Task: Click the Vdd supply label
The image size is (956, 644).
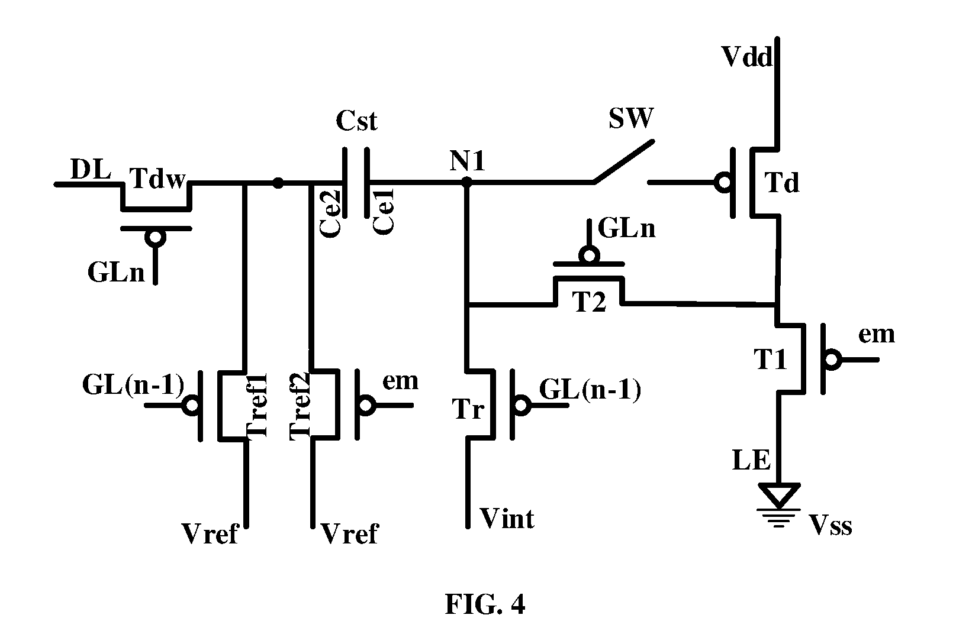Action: pos(746,57)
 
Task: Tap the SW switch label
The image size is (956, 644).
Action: pos(630,118)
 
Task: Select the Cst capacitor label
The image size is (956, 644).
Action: pos(356,121)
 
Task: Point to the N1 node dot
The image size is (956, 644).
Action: pos(467,183)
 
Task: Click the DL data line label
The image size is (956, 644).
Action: pos(91,169)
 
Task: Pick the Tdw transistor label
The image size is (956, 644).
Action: pos(157,178)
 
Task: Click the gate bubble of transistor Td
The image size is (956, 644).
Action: pos(725,183)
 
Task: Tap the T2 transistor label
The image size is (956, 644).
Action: pos(589,302)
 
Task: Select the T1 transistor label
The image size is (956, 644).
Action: pos(770,359)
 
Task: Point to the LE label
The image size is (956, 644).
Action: pos(752,460)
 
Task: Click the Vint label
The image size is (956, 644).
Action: pos(507,519)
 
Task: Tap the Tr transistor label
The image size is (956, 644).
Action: pos(468,409)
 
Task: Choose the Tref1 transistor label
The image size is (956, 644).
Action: pos(257,405)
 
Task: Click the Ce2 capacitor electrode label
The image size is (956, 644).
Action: pos(330,213)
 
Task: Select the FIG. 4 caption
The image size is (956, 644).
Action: pos(485,604)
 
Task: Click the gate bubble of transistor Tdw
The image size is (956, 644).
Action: pos(155,238)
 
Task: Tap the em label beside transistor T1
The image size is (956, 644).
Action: pos(877,335)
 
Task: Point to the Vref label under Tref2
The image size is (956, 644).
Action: pos(349,533)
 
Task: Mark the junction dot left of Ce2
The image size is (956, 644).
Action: pos(278,183)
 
